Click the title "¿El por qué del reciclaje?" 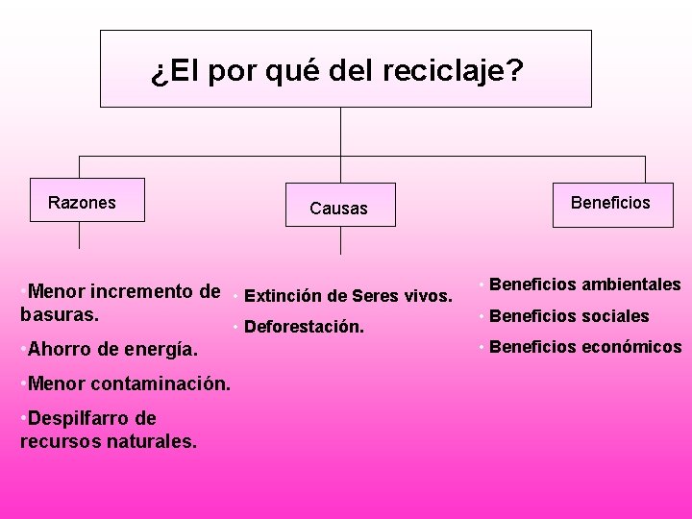(336, 71)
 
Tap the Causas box (339, 206)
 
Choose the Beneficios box (611, 201)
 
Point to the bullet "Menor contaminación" (125, 383)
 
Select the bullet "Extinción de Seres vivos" (348, 295)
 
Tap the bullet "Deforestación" (304, 327)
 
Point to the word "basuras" (51, 313)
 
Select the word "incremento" (148, 290)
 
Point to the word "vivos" (429, 295)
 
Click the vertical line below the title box (341, 131)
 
